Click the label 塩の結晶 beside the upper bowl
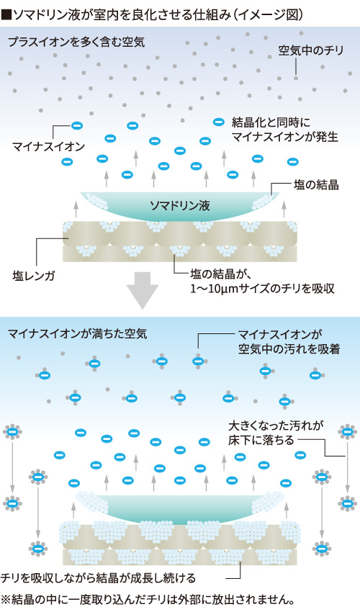tap(316, 184)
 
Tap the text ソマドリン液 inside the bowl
tap(179, 206)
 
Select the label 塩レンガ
tap(35, 274)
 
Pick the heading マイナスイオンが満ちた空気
tap(77, 333)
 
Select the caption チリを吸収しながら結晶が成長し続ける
tap(108, 578)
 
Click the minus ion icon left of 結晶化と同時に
tap(217, 122)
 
